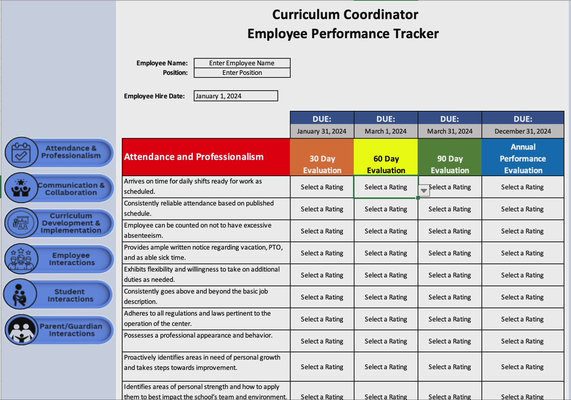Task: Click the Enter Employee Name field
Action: pyautogui.click(x=242, y=63)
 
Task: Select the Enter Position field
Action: pyautogui.click(x=242, y=73)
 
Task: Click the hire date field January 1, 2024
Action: pyautogui.click(x=236, y=96)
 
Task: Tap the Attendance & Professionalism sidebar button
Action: pyautogui.click(x=70, y=152)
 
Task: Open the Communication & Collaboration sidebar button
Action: pyautogui.click(x=71, y=189)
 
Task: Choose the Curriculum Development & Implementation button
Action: pyautogui.click(x=71, y=223)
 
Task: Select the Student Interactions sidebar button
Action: pyautogui.click(x=70, y=295)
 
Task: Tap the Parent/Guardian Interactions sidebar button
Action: pyautogui.click(x=71, y=330)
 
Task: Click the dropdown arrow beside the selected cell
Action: pyautogui.click(x=424, y=190)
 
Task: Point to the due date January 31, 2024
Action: pyautogui.click(x=321, y=131)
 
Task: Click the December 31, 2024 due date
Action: pyautogui.click(x=523, y=131)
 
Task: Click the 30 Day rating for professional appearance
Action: pyautogui.click(x=322, y=341)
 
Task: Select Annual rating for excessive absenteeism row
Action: pyautogui.click(x=523, y=231)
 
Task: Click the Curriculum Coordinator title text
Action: pyautogui.click(x=345, y=15)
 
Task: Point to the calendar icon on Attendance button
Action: pyautogui.click(x=21, y=152)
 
